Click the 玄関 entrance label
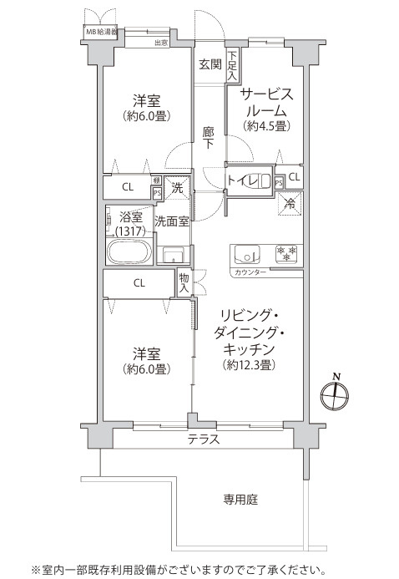pos(210,63)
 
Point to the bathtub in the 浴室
pos(129,252)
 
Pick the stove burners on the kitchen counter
pos(286,253)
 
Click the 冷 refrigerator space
pos(290,203)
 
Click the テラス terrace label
pos(204,439)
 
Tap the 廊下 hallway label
pos(209,137)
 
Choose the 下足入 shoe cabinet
pos(231,64)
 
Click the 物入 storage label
pos(184,282)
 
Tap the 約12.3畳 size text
pos(250,365)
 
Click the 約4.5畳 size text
pos(266,126)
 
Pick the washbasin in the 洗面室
pos(173,255)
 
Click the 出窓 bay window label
pos(160,42)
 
